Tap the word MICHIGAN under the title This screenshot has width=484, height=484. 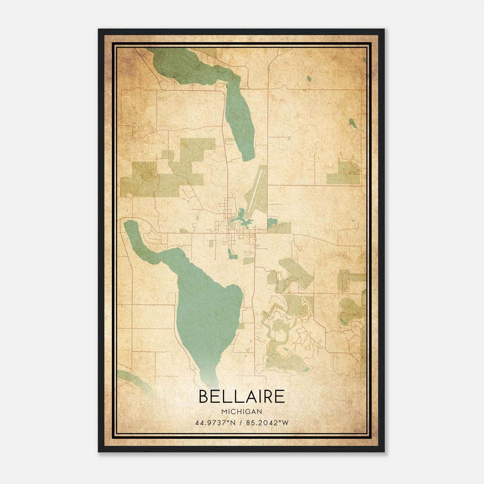pyautogui.click(x=242, y=411)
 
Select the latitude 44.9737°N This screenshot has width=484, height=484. pyautogui.click(x=215, y=423)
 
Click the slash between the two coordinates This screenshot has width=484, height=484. pyautogui.click(x=241, y=423)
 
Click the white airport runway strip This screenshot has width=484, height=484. pyautogui.click(x=256, y=191)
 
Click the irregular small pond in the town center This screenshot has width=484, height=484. pyautogui.click(x=242, y=219)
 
